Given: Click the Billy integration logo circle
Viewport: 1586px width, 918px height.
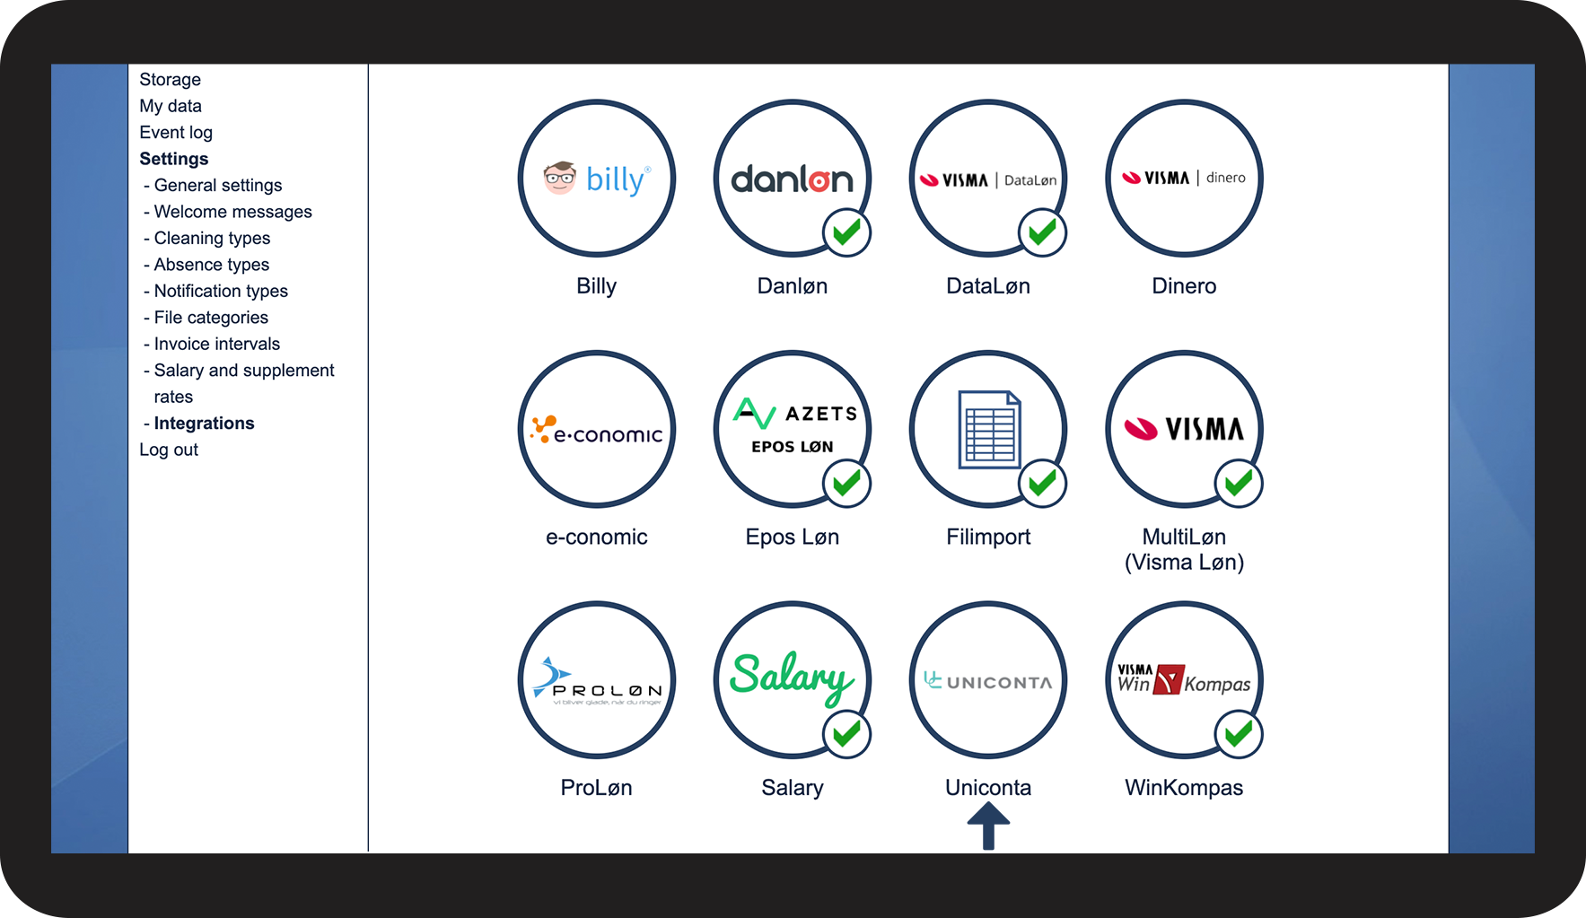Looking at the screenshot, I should [x=596, y=179].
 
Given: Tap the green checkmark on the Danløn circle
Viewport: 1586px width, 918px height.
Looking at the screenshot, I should [x=846, y=233].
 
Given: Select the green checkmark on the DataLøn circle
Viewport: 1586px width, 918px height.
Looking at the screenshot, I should [x=1042, y=233].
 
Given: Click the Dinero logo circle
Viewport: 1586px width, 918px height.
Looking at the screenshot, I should [x=1184, y=179].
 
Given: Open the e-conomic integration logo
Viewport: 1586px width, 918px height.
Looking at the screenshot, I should [x=596, y=430].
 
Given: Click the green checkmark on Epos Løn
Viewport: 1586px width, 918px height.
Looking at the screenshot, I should [x=846, y=484].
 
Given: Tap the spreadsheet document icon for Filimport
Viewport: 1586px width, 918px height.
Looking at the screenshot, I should [x=988, y=429].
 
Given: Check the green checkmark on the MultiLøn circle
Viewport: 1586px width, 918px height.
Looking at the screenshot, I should [x=1239, y=484].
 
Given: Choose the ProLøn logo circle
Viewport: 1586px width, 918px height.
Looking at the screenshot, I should [x=596, y=680].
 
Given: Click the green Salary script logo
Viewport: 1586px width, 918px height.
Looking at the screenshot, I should [x=791, y=678].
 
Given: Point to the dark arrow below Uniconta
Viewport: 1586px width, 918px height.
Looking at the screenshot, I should [x=988, y=826].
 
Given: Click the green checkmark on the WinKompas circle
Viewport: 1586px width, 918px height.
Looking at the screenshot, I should [x=1239, y=734].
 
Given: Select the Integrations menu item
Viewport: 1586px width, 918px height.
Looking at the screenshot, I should [x=204, y=424].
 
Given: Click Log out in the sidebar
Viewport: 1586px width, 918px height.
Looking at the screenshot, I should [x=169, y=450].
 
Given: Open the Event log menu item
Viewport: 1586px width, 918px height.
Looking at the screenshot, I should [x=176, y=133].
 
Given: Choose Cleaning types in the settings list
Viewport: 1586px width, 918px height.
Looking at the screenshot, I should [x=212, y=239].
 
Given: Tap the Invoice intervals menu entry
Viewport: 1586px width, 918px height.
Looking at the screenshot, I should [x=216, y=345].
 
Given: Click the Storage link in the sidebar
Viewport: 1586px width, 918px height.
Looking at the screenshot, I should [x=170, y=80].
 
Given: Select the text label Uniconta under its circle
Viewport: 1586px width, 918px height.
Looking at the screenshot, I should [x=988, y=788].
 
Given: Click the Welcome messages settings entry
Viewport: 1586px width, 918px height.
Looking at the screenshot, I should [x=232, y=212].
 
